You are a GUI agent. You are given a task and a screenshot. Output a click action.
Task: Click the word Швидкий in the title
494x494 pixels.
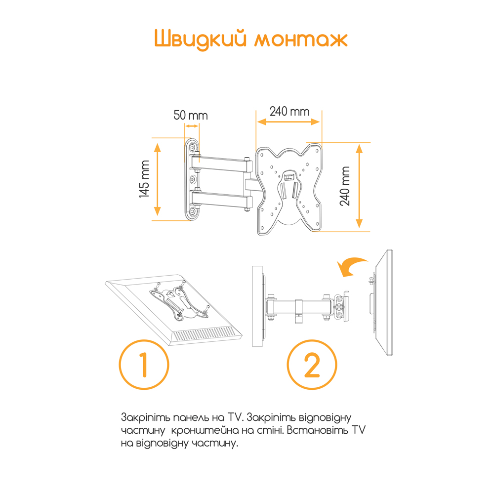coord(200,40)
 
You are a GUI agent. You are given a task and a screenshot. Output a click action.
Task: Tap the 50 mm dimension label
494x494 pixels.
coord(191,115)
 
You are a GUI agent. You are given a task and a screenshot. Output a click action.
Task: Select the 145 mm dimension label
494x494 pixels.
coord(144,179)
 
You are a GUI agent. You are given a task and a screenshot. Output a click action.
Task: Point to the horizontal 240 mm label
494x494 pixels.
coord(289,111)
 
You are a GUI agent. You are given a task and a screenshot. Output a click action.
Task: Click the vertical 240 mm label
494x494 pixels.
coord(345,186)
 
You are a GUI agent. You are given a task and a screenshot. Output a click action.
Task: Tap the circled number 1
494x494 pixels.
coord(144,365)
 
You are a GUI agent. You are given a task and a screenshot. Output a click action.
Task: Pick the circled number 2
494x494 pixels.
coord(312,365)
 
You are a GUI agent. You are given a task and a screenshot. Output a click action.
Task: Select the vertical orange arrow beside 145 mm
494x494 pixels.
coord(158,179)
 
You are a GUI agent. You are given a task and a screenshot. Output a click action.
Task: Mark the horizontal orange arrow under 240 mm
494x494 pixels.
coord(288,122)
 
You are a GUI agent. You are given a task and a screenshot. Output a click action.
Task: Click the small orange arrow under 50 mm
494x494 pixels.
coord(192,126)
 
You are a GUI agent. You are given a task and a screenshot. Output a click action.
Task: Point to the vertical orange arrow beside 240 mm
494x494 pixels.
coord(359,186)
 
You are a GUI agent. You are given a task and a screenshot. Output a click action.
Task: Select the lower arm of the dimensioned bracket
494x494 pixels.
coord(222,200)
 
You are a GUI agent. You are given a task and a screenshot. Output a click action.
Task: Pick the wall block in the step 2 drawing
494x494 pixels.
coord(257,306)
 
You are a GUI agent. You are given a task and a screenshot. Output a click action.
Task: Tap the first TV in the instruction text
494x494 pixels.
coord(234,417)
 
